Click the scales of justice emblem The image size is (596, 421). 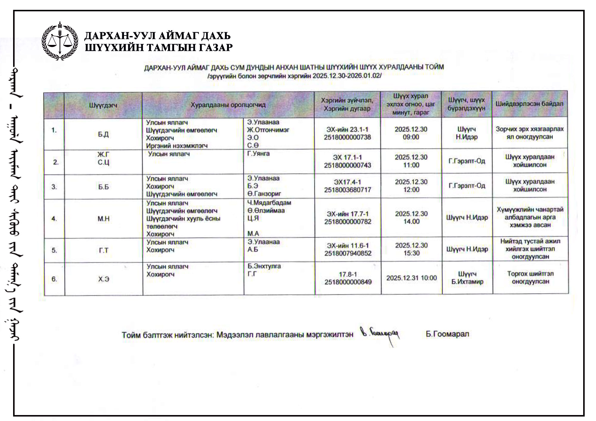point(60,41)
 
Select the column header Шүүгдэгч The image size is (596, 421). point(103,105)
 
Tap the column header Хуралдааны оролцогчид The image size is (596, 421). point(228,105)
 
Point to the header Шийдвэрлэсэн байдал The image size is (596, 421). point(530,104)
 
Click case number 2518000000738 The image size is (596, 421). point(347,137)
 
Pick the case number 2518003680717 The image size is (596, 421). point(347,190)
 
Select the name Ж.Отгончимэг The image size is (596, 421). point(268,130)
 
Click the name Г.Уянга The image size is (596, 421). point(258,154)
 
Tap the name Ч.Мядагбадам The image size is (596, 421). point(269,203)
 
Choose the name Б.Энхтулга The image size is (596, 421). point(264,266)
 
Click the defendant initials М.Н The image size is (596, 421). point(103,219)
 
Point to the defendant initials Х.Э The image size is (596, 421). point(104,279)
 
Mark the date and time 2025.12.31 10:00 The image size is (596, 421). point(412,278)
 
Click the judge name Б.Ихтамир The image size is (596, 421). point(467,282)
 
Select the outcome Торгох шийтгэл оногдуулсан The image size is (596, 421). point(530,277)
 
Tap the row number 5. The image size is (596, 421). point(54,250)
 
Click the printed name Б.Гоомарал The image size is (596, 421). point(447,334)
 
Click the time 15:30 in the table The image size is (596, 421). point(412,253)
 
